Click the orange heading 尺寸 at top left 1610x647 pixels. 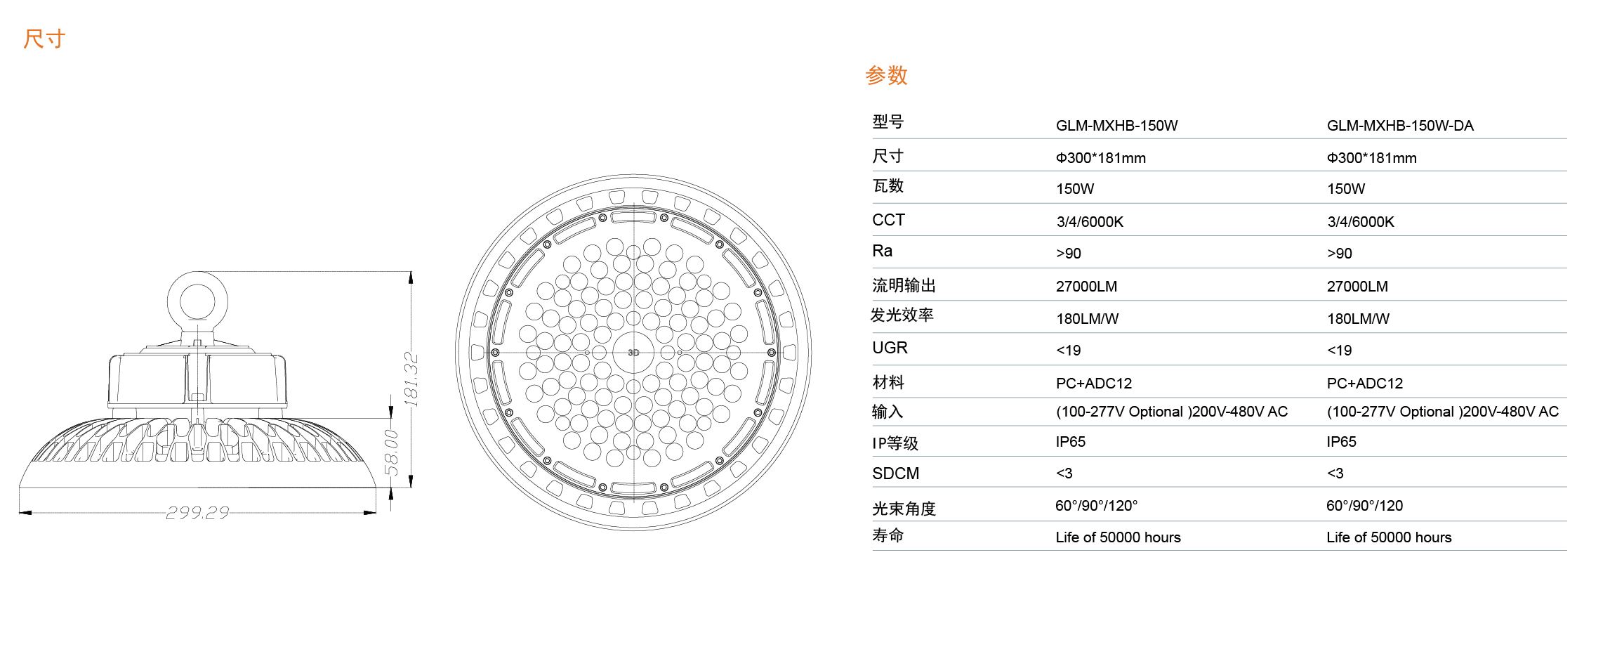[x=44, y=39]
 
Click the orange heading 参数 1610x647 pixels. [x=887, y=75]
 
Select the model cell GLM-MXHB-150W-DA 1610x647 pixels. [x=1400, y=126]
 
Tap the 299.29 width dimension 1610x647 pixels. [x=197, y=513]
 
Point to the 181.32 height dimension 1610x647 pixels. [x=411, y=379]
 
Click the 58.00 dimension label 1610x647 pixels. [x=391, y=453]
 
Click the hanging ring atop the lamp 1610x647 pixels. [x=198, y=301]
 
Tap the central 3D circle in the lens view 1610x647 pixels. [x=633, y=353]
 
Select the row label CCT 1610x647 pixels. [x=888, y=220]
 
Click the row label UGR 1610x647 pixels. [x=890, y=348]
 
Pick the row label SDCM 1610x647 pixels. [x=895, y=473]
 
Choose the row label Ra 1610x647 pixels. [x=882, y=251]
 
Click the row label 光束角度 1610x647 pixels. [x=904, y=509]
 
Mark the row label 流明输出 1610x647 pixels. [x=904, y=285]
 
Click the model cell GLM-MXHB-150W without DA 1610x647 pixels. [x=1116, y=126]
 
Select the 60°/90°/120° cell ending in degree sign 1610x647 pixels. [x=1096, y=506]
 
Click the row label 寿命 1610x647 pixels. [x=888, y=535]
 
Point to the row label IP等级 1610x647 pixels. [x=895, y=443]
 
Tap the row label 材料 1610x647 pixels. [x=888, y=382]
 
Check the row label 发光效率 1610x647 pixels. [x=902, y=315]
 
